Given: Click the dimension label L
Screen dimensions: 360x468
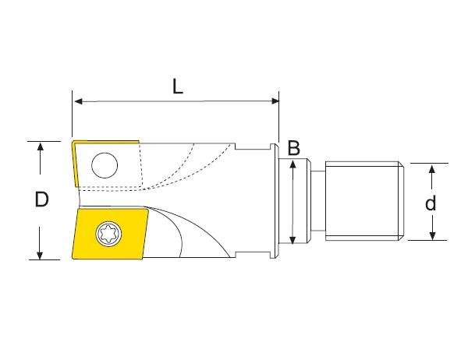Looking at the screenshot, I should pos(177,87).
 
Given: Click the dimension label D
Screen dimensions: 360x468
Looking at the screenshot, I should pos(42,200).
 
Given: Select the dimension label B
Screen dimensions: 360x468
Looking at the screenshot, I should pos(293,147).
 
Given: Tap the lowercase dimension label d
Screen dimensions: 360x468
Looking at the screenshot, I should pos(430,204).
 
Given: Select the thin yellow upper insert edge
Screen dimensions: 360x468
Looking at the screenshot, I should pos(75,164).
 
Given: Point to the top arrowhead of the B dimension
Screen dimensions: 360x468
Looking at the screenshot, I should pos(292,164).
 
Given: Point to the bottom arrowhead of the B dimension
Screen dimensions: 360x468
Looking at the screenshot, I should pos(292,239).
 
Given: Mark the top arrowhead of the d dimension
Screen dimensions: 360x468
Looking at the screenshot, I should pos(430,168).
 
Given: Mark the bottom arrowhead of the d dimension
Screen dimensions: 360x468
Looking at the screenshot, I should pos(430,235).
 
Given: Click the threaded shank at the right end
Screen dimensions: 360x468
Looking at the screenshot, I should pos(363,200).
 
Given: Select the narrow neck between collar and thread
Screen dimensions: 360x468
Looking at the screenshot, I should pos(316,200).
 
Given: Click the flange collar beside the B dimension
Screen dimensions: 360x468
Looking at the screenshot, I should pos(275,200).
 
